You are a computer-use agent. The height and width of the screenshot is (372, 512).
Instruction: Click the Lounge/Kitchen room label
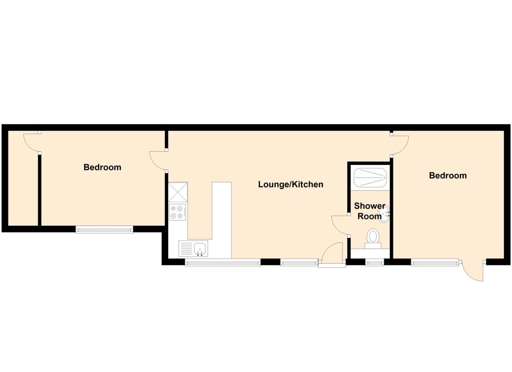[291, 184]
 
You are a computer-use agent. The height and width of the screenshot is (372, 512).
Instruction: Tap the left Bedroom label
[102, 167]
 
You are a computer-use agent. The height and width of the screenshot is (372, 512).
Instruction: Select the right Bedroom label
[448, 176]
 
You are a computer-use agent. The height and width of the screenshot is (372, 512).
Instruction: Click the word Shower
[370, 206]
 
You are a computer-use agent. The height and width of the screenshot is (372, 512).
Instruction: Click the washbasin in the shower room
[385, 214]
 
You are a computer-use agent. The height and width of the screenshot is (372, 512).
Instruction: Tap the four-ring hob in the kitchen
[177, 212]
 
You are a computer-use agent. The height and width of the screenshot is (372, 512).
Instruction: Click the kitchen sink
[200, 248]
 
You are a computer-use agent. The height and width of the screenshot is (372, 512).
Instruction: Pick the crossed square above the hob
[178, 192]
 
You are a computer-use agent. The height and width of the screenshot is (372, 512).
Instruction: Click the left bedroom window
[104, 229]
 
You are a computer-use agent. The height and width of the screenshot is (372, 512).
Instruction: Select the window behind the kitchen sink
[223, 263]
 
